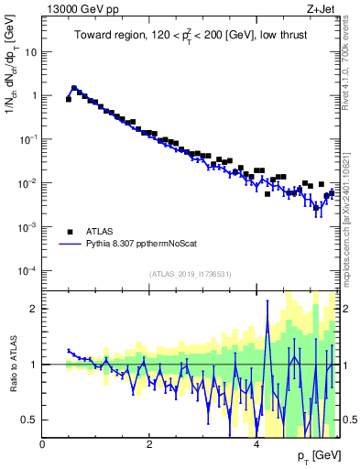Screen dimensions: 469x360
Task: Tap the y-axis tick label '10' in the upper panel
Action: (31, 51)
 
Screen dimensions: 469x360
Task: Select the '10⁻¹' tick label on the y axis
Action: (29, 138)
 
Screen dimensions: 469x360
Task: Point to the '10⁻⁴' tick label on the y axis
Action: (29, 270)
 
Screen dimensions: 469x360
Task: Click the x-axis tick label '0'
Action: (43, 444)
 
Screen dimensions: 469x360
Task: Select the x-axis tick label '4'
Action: (256, 444)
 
